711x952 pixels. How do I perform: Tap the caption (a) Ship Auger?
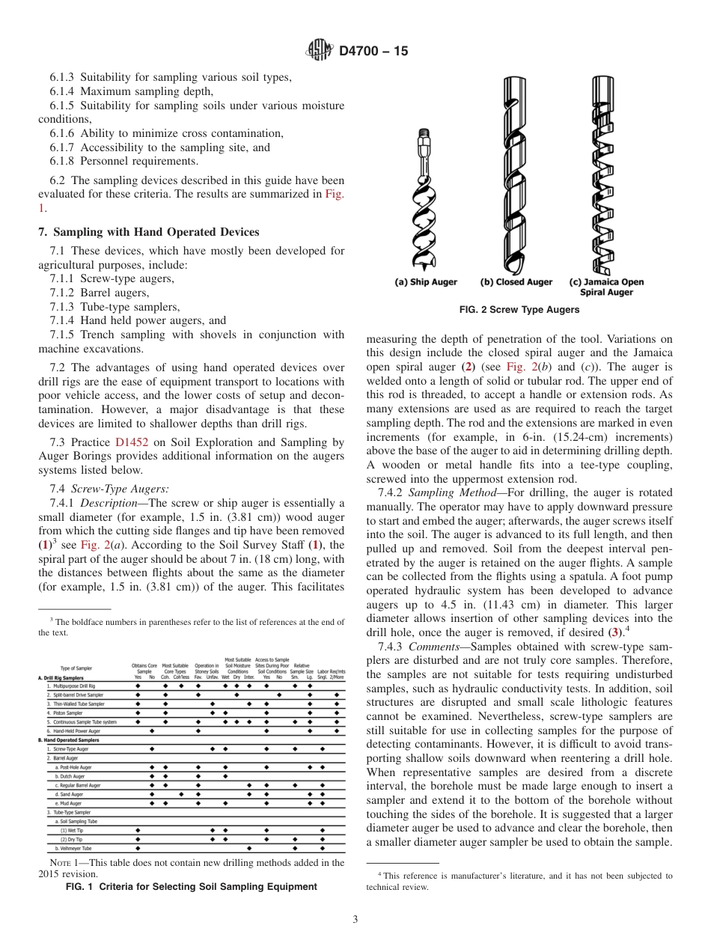coord(426,282)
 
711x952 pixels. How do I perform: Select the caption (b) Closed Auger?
coord(516,282)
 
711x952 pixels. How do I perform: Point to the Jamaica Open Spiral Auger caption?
coord(606,287)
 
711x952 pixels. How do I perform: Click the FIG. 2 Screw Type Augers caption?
coord(519,310)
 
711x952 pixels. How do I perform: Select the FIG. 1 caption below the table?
coord(192,887)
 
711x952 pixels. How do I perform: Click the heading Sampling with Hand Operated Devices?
coord(149,232)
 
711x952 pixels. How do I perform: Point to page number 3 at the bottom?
coord(355,920)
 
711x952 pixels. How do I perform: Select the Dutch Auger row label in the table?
coord(72,776)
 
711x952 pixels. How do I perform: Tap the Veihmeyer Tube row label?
coord(75,849)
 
